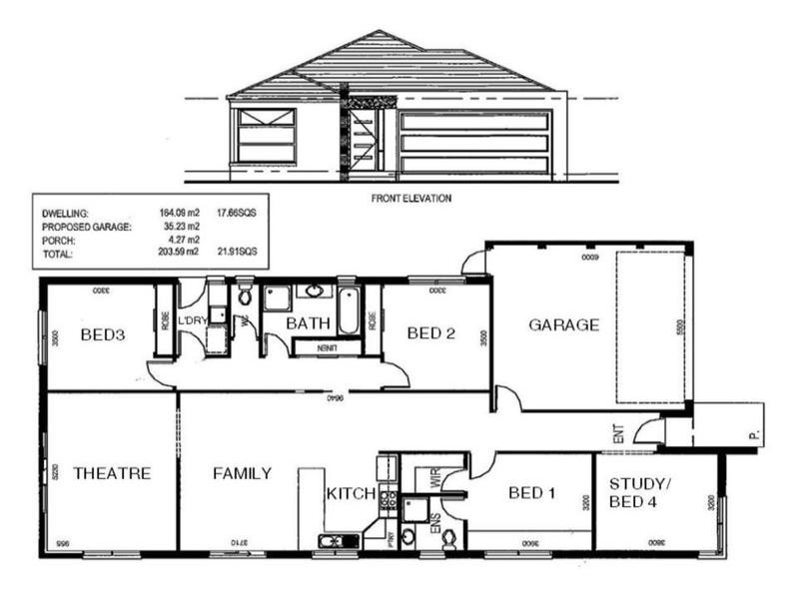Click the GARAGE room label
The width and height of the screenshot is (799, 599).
tap(563, 324)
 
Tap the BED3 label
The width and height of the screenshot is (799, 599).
tap(103, 334)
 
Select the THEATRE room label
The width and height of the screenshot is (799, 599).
tap(112, 473)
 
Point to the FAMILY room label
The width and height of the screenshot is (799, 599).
tap(242, 473)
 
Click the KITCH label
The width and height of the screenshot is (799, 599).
tap(351, 493)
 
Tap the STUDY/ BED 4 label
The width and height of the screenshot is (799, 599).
tap(641, 493)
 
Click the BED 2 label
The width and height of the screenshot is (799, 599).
tap(431, 333)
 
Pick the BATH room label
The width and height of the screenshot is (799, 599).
tap(308, 323)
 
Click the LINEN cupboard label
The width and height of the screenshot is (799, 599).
tap(328, 347)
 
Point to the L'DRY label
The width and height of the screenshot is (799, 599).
tap(193, 320)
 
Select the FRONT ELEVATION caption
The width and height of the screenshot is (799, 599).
tap(410, 199)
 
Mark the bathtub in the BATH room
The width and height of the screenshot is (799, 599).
tap(348, 309)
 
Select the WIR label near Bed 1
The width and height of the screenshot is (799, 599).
tap(435, 476)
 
